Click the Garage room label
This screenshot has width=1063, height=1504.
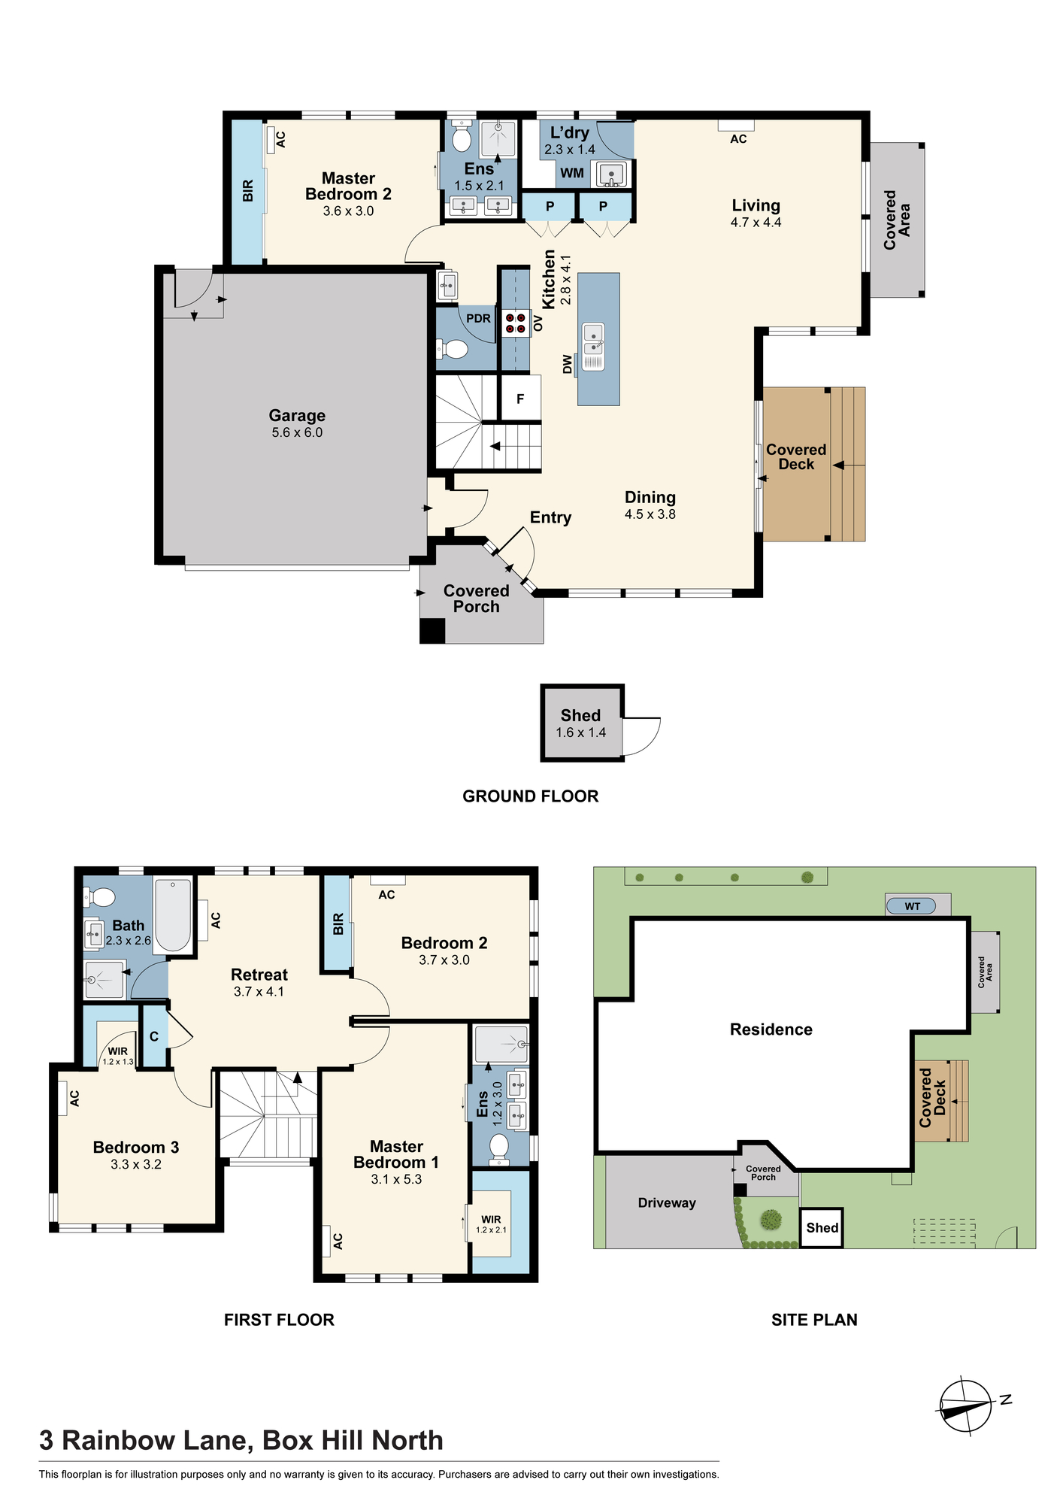(297, 415)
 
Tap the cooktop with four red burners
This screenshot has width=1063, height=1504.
(515, 323)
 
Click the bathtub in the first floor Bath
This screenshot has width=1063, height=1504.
(173, 915)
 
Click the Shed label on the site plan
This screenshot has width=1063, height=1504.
(822, 1228)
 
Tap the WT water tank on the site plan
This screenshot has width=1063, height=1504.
(911, 906)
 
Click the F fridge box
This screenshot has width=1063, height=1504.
(520, 399)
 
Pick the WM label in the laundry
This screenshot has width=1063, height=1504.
(572, 173)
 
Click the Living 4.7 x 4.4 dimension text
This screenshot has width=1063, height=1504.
(756, 223)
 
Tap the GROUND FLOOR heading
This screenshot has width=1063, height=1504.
(531, 796)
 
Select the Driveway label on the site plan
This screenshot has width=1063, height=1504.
(667, 1202)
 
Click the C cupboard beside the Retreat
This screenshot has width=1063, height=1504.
(154, 1036)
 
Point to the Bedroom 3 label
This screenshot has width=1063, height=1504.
(136, 1147)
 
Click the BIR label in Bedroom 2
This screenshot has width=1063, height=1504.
(338, 923)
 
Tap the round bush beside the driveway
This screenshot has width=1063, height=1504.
(770, 1218)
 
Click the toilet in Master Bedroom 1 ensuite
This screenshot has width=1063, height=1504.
(498, 1147)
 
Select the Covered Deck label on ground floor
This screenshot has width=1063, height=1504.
(796, 456)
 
